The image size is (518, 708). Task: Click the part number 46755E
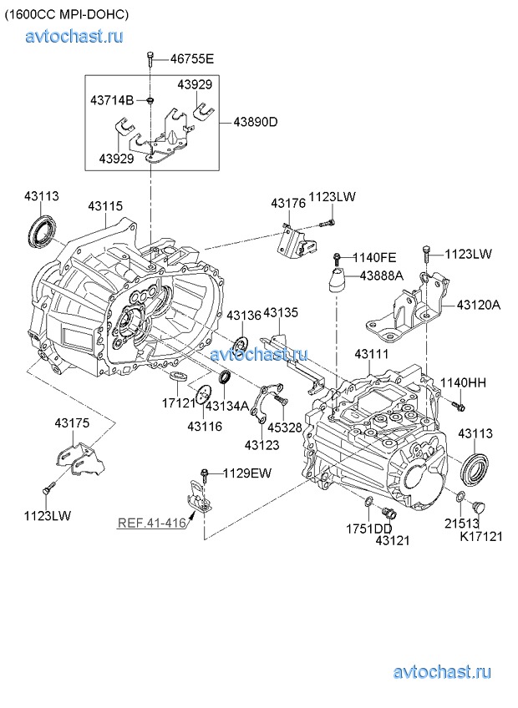coord(192,58)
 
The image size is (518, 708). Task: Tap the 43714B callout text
coord(112,100)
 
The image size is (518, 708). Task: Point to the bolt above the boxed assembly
coord(150,58)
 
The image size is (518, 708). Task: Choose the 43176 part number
coord(287,203)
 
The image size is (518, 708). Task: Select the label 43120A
coord(479,306)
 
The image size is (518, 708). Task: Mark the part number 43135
coord(281,312)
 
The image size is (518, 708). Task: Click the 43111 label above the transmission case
coord(372,355)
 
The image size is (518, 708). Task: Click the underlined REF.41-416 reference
coord(151,523)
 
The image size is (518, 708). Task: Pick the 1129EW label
coord(247,473)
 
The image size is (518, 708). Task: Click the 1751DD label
coord(369,528)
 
